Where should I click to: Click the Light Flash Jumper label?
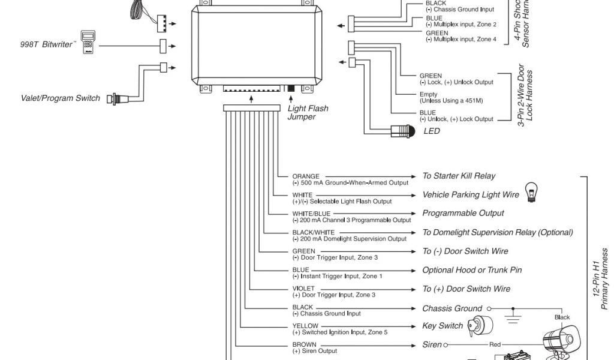[308, 113]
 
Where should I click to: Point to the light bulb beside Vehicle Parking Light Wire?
[530, 191]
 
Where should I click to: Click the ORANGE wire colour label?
[306, 176]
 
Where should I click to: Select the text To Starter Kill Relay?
[459, 176]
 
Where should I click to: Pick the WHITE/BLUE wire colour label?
[311, 214]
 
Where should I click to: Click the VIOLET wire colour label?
[303, 289]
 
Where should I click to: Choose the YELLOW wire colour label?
[305, 326]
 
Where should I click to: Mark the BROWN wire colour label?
[304, 345]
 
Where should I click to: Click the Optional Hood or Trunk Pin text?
[472, 270]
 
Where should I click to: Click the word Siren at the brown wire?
[432, 345]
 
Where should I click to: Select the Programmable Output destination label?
[463, 213]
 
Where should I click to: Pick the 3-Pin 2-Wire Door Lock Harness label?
[525, 96]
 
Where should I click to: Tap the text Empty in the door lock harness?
[429, 94]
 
